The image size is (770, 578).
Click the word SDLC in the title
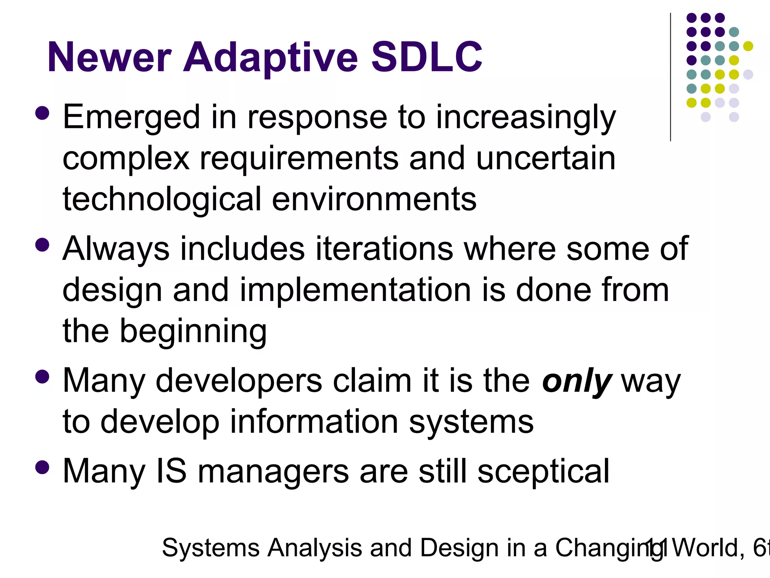tap(427, 57)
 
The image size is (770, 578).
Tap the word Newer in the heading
tap(109, 57)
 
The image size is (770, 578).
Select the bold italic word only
tap(577, 381)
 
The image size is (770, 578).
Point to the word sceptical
tap(543, 471)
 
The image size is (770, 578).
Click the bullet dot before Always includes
tap(42, 245)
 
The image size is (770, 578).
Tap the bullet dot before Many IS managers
tap(42, 467)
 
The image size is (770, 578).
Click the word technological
tap(162, 199)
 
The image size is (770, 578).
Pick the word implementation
tap(355, 290)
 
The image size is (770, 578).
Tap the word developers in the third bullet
tap(239, 381)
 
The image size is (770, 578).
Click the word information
tap(314, 422)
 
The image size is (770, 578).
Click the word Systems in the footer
tap(211, 548)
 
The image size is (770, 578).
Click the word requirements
tap(299, 158)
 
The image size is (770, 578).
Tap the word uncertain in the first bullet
tap(546, 158)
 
